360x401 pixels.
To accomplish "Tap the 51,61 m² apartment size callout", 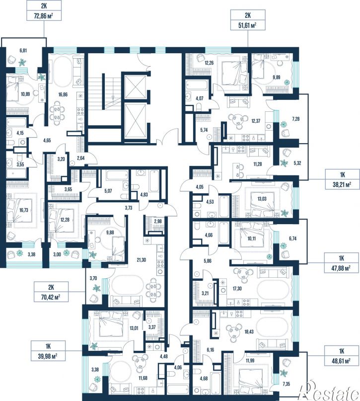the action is (x=248, y=20).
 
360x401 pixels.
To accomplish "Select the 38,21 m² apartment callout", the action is (x=342, y=179).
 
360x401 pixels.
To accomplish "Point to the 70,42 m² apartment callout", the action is (x=51, y=292).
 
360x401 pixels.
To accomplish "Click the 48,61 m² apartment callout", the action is (x=341, y=355).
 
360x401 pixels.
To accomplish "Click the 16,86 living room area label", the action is (x=63, y=94).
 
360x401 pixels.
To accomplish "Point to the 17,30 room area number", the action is (x=237, y=289).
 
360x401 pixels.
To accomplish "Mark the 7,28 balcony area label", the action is (x=296, y=119).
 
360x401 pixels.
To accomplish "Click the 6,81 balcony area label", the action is (x=23, y=50).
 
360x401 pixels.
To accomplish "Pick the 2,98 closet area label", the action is (x=157, y=221).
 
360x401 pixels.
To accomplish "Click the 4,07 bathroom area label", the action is (x=199, y=98).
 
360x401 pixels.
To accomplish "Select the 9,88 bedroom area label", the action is (x=110, y=233).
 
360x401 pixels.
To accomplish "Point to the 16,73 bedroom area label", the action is (x=23, y=210).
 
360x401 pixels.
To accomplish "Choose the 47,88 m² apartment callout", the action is (x=341, y=263).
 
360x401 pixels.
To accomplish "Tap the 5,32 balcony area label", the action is (x=297, y=163).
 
